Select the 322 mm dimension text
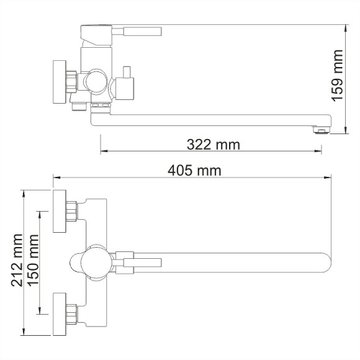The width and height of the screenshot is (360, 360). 213,145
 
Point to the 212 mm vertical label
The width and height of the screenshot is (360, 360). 17,259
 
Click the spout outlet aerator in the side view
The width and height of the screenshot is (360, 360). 320,129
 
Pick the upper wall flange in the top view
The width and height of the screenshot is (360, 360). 60,211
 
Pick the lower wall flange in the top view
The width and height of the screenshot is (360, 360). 60,314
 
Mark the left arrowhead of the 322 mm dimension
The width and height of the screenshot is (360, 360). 104,151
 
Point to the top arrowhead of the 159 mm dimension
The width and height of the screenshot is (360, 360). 346,28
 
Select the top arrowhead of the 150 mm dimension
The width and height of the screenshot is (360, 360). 42,214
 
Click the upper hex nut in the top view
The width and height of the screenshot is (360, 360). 74,211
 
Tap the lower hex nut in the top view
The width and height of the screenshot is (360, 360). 74,314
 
